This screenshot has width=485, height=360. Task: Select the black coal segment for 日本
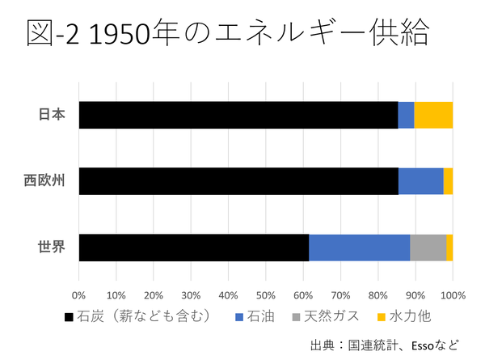click(x=238, y=115)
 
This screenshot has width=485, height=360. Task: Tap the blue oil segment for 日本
click(x=406, y=115)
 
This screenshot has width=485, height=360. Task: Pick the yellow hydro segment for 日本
click(x=433, y=115)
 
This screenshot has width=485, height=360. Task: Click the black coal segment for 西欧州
click(x=238, y=181)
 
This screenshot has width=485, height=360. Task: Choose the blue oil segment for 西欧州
click(x=420, y=181)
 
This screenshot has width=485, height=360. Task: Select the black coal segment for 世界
click(x=194, y=248)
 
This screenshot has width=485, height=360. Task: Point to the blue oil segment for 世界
click(x=359, y=248)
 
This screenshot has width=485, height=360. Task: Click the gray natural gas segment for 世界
click(x=428, y=248)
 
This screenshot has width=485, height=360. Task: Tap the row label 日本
click(x=53, y=115)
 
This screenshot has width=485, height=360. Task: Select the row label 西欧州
click(x=45, y=181)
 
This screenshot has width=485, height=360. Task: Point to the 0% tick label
click(x=78, y=294)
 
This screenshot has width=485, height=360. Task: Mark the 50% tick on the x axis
click(x=265, y=294)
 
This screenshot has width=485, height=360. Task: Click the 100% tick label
click(x=452, y=294)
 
